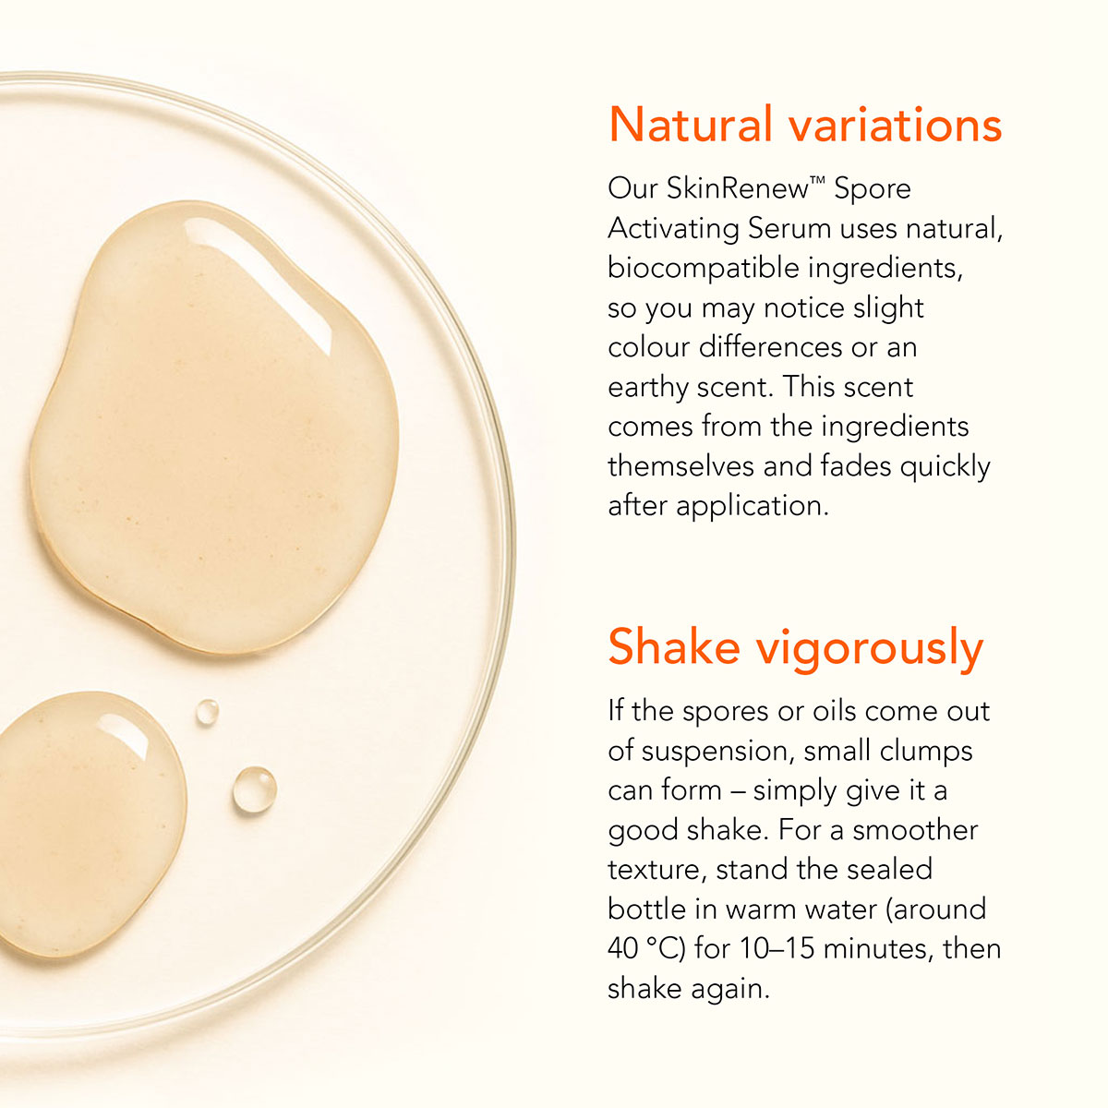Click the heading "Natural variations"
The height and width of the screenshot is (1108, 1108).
805,125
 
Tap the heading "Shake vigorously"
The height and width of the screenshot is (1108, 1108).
796,649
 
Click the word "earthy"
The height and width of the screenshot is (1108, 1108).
647,388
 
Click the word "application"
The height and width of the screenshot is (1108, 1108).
753,507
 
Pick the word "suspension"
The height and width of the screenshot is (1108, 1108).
718,753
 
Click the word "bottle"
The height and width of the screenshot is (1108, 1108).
645,909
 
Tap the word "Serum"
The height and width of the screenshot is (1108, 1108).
789,229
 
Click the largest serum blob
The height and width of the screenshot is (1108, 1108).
214,428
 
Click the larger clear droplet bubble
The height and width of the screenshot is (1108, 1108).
255,789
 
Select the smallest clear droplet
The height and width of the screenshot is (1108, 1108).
207,712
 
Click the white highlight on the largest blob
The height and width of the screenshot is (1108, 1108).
259,282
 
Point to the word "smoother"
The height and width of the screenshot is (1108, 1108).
915,831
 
